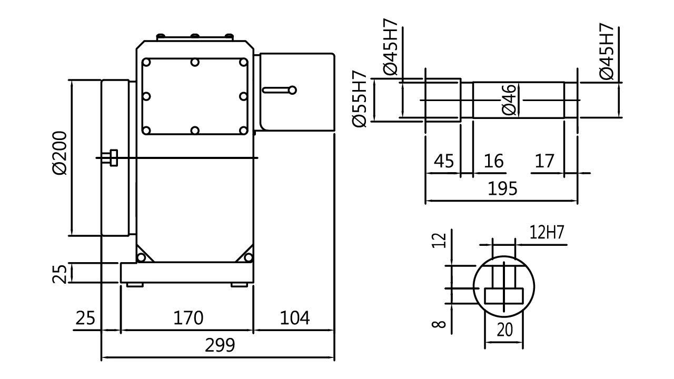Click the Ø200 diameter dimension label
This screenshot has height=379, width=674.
pos(60,153)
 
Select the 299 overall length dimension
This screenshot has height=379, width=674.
pos(220,345)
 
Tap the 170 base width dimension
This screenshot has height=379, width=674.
pos(189,318)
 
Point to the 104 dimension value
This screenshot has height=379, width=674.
pos(294,318)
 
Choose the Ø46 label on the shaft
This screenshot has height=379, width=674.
pos(509,99)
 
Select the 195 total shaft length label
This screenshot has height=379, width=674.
pos(502,188)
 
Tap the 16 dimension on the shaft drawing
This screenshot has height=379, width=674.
pos(493,161)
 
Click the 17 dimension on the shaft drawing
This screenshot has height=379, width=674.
pos(544,161)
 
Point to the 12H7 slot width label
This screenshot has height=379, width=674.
pos(547,232)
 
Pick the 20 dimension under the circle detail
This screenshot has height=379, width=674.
pos(504,330)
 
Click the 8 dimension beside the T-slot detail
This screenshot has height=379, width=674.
pos(439,324)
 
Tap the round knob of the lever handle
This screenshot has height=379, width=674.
pos(292,90)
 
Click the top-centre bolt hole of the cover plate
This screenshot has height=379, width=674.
pos(195,62)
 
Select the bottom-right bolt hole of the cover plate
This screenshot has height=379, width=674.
pos(243,130)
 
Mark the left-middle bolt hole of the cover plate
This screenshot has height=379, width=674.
pos(146,96)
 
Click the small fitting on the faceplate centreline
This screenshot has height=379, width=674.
pos(113,157)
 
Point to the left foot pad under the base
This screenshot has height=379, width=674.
pos(134,285)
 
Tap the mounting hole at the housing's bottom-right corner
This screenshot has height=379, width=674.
pos(248,257)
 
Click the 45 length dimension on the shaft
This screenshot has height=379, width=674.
pos(443,161)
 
